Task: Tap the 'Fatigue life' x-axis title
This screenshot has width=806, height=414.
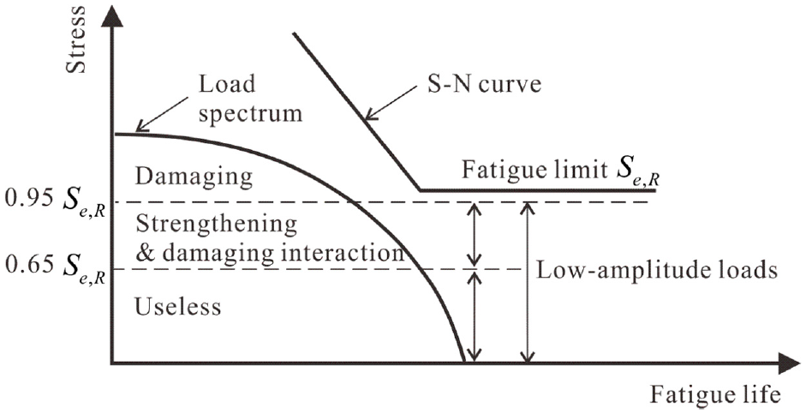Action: pyautogui.click(x=715, y=395)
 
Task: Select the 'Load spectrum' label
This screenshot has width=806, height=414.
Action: pyautogui.click(x=250, y=99)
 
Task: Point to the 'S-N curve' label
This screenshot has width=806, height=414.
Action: pyautogui.click(x=483, y=83)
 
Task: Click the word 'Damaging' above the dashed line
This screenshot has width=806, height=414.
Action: pyautogui.click(x=194, y=177)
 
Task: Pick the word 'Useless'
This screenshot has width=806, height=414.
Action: pyautogui.click(x=178, y=306)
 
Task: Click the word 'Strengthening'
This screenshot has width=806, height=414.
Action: pyautogui.click(x=217, y=225)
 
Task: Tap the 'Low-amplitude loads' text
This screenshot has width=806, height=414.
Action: pyautogui.click(x=656, y=269)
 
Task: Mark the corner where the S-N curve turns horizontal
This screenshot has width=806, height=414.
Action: pyautogui.click(x=420, y=190)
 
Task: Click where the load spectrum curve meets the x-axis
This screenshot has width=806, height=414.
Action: pyautogui.click(x=464, y=362)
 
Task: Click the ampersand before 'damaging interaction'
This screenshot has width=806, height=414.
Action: pyautogui.click(x=145, y=254)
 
